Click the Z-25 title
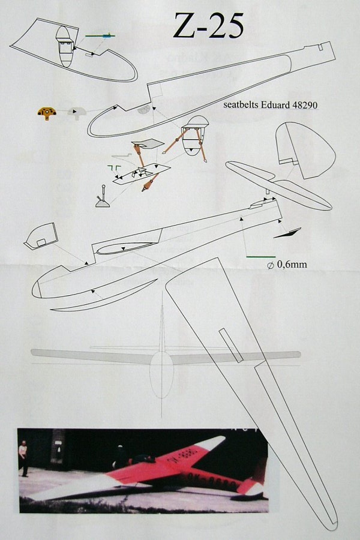click(208, 26)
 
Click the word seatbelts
click(241, 104)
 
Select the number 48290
click(305, 104)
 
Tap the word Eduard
click(275, 104)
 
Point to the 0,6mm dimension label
click(287, 265)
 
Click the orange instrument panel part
click(47, 113)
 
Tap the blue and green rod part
click(100, 35)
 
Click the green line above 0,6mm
click(261, 257)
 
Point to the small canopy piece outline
click(40, 236)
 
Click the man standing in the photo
click(23, 458)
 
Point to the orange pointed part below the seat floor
click(150, 182)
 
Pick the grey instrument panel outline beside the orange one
click(76, 112)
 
